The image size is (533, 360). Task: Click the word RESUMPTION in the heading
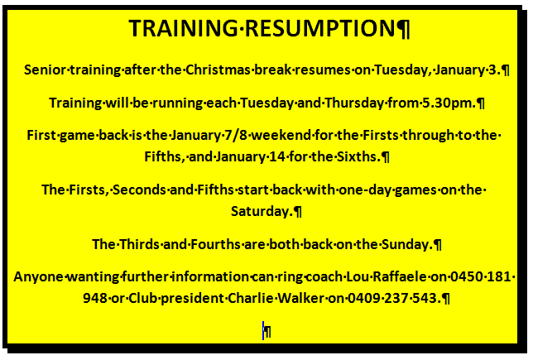click(x=319, y=28)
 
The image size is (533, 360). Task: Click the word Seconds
click(x=139, y=190)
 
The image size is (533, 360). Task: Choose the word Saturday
click(x=262, y=211)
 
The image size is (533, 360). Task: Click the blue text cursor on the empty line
click(x=263, y=330)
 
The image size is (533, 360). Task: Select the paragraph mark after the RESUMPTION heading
click(x=404, y=29)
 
